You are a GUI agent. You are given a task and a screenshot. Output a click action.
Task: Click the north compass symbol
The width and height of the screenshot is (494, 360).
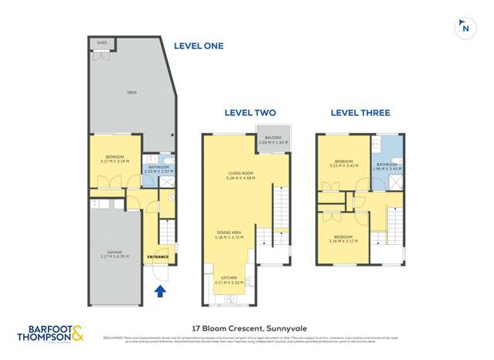pos(465,28)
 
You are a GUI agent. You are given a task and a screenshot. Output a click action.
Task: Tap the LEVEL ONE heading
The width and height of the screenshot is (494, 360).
pos(198,46)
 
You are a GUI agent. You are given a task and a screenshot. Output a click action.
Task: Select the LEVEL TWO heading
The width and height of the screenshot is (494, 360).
pos(250,113)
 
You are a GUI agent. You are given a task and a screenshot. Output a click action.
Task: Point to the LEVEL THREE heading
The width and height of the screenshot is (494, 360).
pos(360,113)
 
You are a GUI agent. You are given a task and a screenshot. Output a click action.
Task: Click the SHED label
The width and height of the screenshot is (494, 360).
pos(102,44)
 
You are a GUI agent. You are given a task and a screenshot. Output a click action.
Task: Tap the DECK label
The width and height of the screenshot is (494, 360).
pos(132,93)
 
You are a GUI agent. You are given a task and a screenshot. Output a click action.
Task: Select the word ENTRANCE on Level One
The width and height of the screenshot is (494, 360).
pos(158,256)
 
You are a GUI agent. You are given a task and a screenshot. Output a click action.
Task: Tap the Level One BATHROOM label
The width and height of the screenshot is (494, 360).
pos(159,168)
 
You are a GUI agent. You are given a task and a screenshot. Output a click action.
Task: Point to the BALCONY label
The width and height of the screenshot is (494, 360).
pos(273,140)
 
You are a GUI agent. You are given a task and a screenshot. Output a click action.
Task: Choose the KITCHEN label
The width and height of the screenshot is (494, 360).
pos(229,281)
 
